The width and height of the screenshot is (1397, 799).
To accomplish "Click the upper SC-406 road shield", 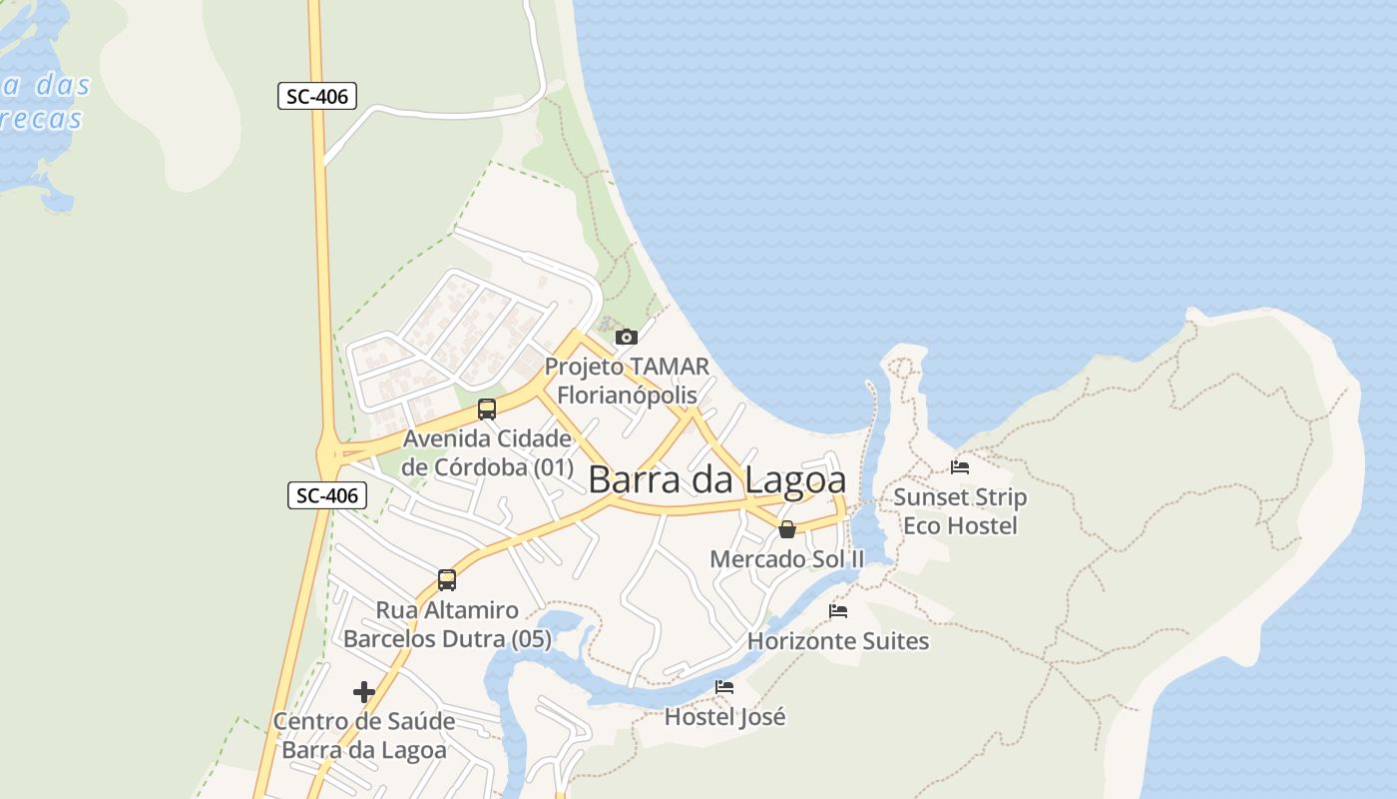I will tap(317, 96).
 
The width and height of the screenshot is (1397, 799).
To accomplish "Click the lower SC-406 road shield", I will tap(327, 494).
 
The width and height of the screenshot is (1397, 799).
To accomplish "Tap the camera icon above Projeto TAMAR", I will tap(626, 337).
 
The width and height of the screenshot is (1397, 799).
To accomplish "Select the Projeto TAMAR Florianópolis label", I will tap(627, 381).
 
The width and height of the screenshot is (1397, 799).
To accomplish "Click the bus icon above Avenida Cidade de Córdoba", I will tap(486, 409).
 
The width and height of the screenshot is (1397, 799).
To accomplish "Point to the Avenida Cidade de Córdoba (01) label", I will tap(488, 452).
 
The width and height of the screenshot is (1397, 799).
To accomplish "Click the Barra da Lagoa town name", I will tap(716, 479).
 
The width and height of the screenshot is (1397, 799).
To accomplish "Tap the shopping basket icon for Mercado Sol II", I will tap(787, 529).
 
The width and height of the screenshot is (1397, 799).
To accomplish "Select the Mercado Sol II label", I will tap(786, 559).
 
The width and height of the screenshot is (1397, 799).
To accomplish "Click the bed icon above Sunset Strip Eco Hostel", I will tap(960, 466).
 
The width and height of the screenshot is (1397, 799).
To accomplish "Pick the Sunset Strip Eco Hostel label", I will tap(960, 511).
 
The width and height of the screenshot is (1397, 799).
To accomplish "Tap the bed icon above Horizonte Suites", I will tap(838, 610).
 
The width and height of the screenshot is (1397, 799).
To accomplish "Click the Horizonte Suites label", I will tap(838, 641).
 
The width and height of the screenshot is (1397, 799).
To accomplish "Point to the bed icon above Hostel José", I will tap(724, 687).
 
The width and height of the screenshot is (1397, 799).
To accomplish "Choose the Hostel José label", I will tap(724, 717).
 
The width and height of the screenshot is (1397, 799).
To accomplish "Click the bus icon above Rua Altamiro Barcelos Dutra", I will tap(446, 580).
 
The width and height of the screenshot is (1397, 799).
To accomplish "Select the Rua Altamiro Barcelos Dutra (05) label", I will tap(447, 624).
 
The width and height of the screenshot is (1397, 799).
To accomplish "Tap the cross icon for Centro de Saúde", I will tap(364, 691).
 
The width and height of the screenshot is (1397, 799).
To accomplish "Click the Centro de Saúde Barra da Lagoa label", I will tap(364, 735).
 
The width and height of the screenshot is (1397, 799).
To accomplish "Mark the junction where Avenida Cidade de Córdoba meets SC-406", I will tap(329, 455).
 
